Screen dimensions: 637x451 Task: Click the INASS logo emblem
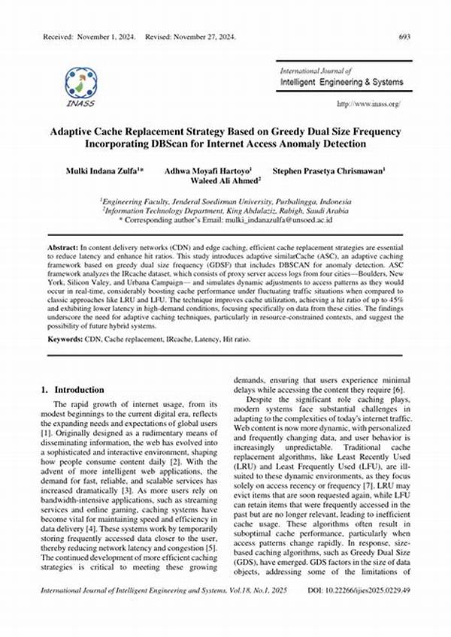tap(80, 83)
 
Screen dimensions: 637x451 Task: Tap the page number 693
tap(403, 36)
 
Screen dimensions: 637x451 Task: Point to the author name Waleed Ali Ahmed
tap(225, 181)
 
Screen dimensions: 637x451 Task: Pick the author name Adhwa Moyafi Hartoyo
tap(207, 171)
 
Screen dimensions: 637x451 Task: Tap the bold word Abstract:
tap(62, 247)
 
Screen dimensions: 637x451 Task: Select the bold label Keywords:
tap(65, 340)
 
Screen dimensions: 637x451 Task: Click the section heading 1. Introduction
tap(72, 391)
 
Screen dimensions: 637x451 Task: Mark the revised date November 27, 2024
tap(195, 36)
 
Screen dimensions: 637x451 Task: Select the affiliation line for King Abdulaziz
tap(225, 211)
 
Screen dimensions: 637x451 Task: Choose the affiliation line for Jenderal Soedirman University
tap(225, 201)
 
